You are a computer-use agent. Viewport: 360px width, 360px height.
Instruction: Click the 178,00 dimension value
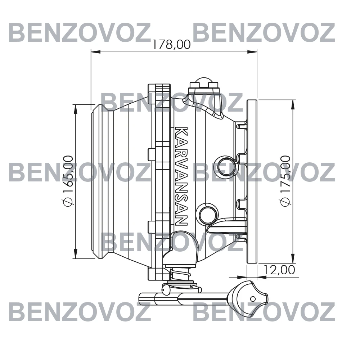click(x=172, y=44)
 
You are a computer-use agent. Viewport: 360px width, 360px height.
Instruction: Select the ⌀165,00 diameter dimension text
click(x=68, y=181)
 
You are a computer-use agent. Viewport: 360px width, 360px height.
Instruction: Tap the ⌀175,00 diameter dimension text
click(x=285, y=181)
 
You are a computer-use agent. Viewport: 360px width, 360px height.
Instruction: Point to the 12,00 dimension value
click(x=279, y=270)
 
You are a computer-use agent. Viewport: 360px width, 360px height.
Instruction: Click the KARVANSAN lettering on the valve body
click(x=181, y=176)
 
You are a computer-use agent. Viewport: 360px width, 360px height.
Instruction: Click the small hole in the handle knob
click(x=253, y=299)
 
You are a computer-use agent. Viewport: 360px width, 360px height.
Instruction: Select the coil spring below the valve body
click(x=181, y=274)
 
